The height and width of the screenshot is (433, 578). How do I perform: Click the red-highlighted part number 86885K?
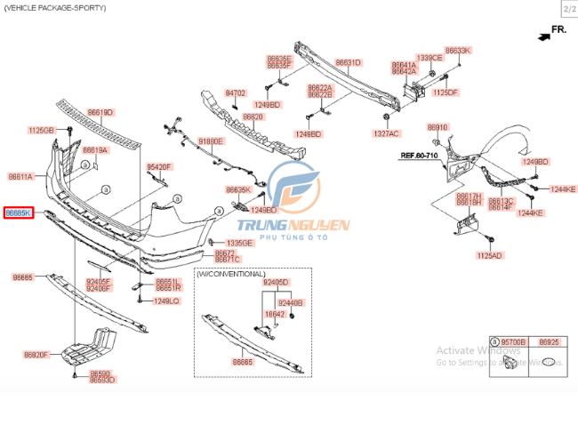coord(18,213)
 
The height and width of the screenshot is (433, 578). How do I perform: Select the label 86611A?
coord(20,177)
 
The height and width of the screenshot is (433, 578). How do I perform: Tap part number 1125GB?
coord(41,130)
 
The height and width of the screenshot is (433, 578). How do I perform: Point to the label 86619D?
coord(100,112)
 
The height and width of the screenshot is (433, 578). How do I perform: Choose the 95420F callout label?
coord(159,166)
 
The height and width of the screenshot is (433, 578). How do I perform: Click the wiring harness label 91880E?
coord(212,141)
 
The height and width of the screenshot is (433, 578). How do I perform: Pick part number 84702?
coord(235,92)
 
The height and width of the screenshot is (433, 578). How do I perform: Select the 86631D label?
coord(348,62)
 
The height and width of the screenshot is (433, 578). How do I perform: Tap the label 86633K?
coord(458,51)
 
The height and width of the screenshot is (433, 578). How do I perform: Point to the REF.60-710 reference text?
coord(419,156)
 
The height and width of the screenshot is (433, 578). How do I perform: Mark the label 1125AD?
coord(489,255)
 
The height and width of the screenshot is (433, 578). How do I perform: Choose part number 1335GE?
coord(239,243)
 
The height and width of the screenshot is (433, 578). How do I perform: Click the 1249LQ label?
coord(166,301)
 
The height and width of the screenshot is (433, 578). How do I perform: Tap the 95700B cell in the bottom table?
coord(513,341)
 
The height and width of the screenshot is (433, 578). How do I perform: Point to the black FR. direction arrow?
coord(542,36)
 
